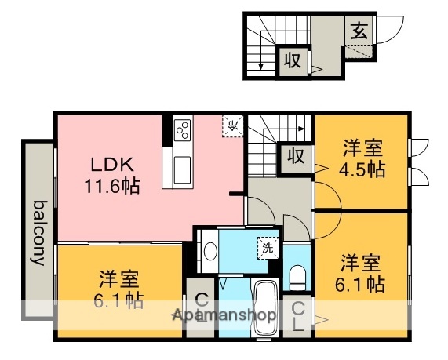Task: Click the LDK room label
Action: pyautogui.click(x=115, y=165)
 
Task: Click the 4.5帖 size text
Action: pyautogui.click(x=362, y=169)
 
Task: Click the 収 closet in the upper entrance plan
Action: pyautogui.click(x=293, y=60)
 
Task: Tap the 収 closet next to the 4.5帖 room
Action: pyautogui.click(x=296, y=155)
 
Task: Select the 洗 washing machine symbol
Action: pyautogui.click(x=268, y=247)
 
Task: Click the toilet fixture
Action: pyautogui.click(x=297, y=275)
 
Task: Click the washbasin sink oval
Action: pyautogui.click(x=209, y=252)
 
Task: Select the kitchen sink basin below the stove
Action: pyautogui.click(x=181, y=169)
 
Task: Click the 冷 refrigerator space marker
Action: pyautogui.click(x=233, y=125)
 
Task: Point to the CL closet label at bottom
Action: pyautogui.click(x=298, y=318)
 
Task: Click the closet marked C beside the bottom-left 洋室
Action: pyautogui.click(x=200, y=307)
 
